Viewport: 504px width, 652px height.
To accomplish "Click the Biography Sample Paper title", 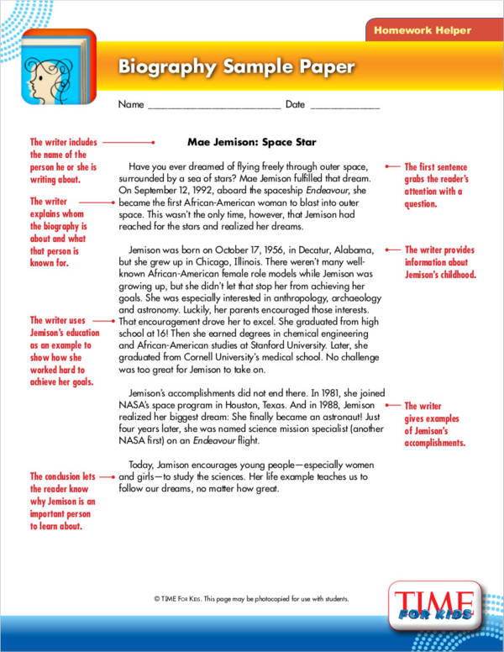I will point(236,67).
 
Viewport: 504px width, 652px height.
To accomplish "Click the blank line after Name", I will point(213,107).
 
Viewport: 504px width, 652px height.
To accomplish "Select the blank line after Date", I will point(344,107).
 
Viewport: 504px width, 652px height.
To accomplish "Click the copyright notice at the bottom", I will point(251,599).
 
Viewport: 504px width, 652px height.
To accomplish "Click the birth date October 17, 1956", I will point(251,250).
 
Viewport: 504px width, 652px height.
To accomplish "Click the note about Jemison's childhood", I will point(440,262).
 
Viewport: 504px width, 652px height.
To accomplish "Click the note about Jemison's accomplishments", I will point(435,424).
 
